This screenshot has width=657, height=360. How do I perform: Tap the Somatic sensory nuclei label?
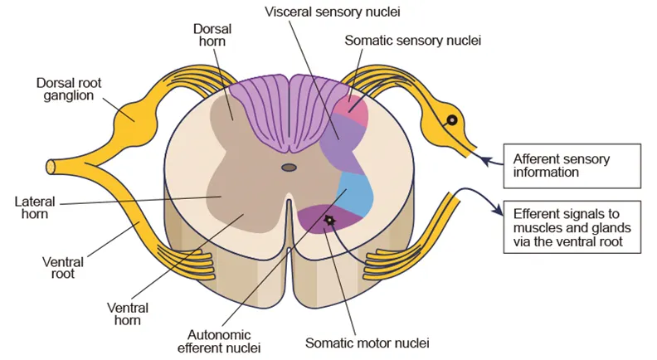pyautogui.click(x=411, y=39)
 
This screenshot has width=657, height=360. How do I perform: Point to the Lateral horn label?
pyautogui.click(x=32, y=207)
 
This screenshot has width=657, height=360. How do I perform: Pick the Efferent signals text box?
pyautogui.click(x=567, y=226)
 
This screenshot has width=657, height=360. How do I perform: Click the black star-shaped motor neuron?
pyautogui.click(x=329, y=220)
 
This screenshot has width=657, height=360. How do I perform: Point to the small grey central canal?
pyautogui.click(x=289, y=168)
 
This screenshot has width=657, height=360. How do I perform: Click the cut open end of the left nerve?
pyautogui.click(x=51, y=166)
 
